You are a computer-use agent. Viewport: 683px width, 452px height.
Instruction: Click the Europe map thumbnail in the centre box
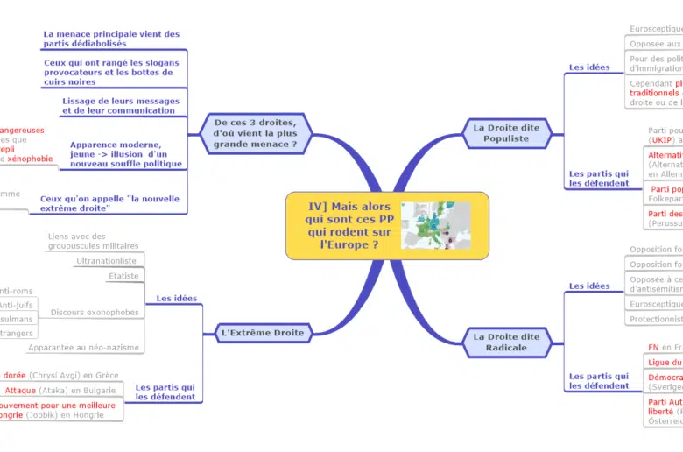pyautogui.click(x=435, y=225)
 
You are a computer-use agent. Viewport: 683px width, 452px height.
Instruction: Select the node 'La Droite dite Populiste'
pyautogui.click(x=506, y=132)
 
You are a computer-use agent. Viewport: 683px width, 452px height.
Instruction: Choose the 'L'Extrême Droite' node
pyautogui.click(x=263, y=332)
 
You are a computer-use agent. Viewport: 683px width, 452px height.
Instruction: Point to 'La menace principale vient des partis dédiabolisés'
pyautogui.click(x=111, y=39)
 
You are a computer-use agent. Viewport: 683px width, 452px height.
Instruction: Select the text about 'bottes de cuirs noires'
pyautogui.click(x=113, y=72)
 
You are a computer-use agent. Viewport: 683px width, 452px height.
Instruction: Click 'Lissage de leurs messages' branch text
pyautogui.click(x=120, y=105)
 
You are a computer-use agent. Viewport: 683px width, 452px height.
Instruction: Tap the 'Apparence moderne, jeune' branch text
pyautogui.click(x=125, y=153)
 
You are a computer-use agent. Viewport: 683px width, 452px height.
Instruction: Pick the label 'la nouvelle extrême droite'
pyautogui.click(x=109, y=203)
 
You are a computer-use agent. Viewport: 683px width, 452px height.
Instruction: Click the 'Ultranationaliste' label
pyautogui.click(x=106, y=260)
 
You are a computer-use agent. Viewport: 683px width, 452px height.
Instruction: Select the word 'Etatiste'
pyautogui.click(x=123, y=276)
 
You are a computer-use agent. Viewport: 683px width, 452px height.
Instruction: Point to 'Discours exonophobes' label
pyautogui.click(x=95, y=312)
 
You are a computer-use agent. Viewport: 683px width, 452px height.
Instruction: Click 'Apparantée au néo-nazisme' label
pyautogui.click(x=83, y=347)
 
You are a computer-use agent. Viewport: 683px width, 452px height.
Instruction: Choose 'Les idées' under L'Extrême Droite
pyautogui.click(x=176, y=298)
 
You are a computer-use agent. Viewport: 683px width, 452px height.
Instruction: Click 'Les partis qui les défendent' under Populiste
pyautogui.click(x=599, y=179)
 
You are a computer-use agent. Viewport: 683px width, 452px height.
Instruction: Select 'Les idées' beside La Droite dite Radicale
pyautogui.click(x=589, y=286)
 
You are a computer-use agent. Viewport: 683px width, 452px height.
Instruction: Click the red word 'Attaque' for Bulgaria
pyautogui.click(x=21, y=391)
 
